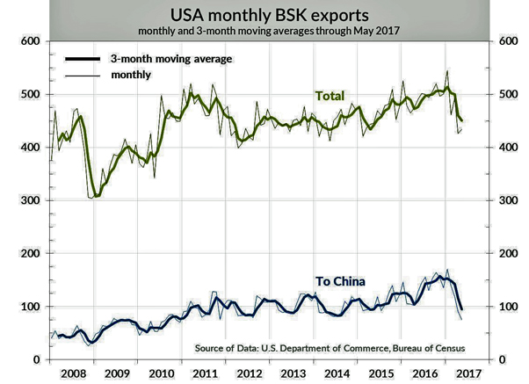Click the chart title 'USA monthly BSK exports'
(264, 14)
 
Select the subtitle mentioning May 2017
(264, 31)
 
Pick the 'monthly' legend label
(131, 76)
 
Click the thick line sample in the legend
(84, 59)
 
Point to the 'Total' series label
(330, 95)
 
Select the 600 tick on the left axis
(30, 41)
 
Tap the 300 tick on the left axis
(30, 200)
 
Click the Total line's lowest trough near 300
(94, 197)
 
